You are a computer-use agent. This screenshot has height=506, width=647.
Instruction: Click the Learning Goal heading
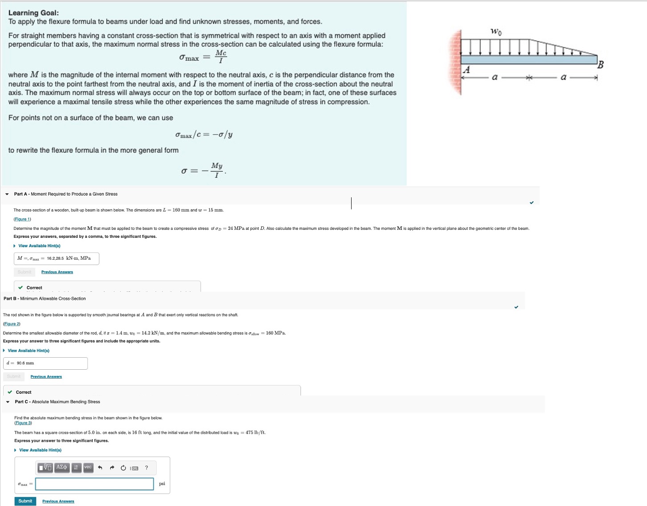coord(33,13)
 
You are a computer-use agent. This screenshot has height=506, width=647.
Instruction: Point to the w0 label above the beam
coord(496,32)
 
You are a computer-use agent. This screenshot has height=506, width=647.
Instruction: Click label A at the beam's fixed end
coord(467,70)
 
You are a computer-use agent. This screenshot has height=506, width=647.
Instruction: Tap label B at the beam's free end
coord(600,65)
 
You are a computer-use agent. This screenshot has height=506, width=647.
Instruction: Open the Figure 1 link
coord(22,219)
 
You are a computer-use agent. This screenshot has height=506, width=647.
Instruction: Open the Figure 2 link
coord(12,324)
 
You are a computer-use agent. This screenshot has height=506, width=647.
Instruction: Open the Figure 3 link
coord(23,423)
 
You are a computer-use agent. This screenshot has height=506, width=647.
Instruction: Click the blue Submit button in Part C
coord(25,501)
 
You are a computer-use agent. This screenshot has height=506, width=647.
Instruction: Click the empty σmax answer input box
coord(94,484)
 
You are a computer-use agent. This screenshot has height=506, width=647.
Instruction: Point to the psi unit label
coord(162,484)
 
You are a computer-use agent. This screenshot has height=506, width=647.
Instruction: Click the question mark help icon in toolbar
coord(147,468)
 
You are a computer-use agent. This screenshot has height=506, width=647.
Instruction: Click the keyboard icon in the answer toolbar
coord(135,468)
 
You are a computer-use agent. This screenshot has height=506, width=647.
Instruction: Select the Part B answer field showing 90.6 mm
coord(45,363)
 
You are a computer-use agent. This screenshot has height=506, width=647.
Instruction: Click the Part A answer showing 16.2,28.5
coord(57,258)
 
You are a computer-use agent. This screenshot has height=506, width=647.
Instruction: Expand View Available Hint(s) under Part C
coord(40,450)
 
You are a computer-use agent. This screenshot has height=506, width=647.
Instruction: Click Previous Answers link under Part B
coord(46,377)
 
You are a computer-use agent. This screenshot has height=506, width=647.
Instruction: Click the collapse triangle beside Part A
coord(7,194)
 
